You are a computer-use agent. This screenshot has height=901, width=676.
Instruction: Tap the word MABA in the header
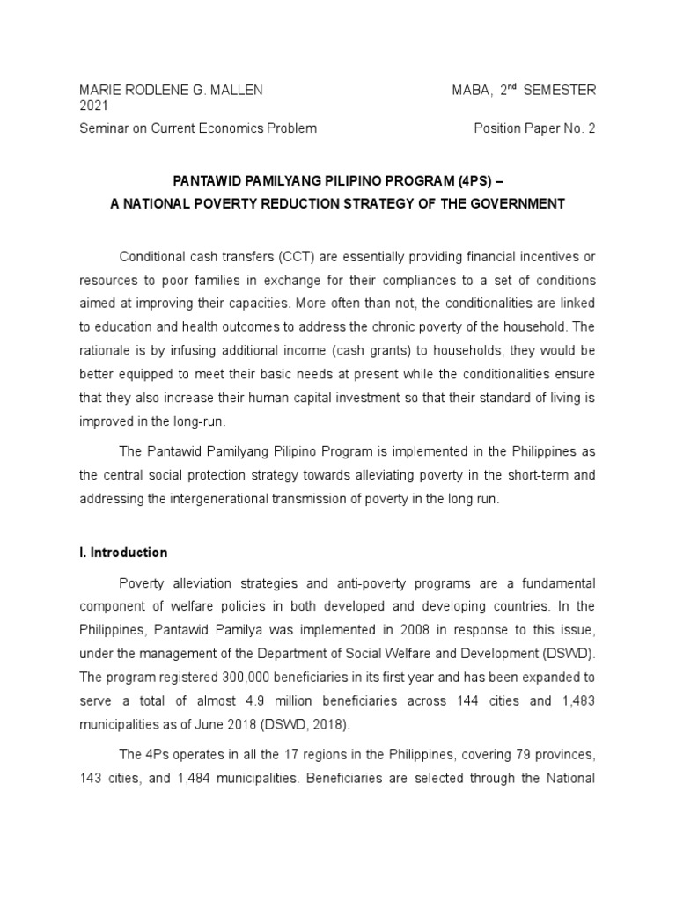click(469, 90)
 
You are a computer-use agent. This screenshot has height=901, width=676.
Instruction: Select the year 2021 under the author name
click(93, 106)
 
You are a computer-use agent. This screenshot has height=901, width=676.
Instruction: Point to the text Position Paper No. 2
click(535, 128)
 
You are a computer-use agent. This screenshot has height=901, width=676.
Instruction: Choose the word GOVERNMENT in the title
click(514, 204)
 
